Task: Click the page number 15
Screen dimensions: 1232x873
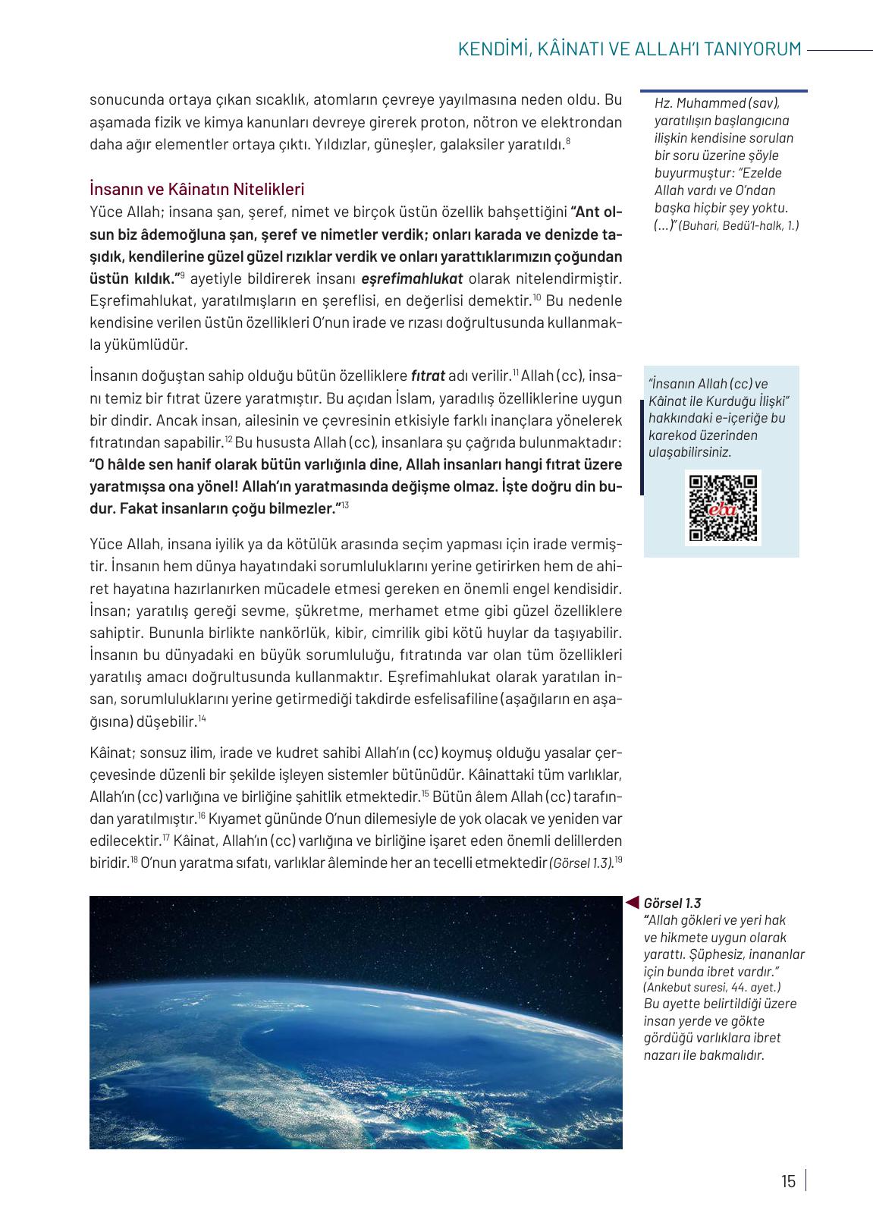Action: pos(788,1181)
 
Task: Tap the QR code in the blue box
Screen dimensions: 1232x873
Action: pos(722,508)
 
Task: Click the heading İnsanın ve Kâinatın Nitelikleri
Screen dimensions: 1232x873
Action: pos(196,188)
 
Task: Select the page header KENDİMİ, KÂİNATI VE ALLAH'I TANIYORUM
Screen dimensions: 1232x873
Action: pos(630,49)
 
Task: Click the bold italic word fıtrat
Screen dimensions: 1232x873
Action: pos(428,376)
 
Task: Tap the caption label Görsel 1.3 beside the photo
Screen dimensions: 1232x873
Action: pos(672,903)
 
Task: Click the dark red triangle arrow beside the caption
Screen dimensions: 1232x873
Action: pos(632,902)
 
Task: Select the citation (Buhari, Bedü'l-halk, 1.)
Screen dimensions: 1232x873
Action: pos(739,225)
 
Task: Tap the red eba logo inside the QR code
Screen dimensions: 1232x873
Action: pos(722,510)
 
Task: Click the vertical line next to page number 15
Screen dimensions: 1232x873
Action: pos(805,1180)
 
